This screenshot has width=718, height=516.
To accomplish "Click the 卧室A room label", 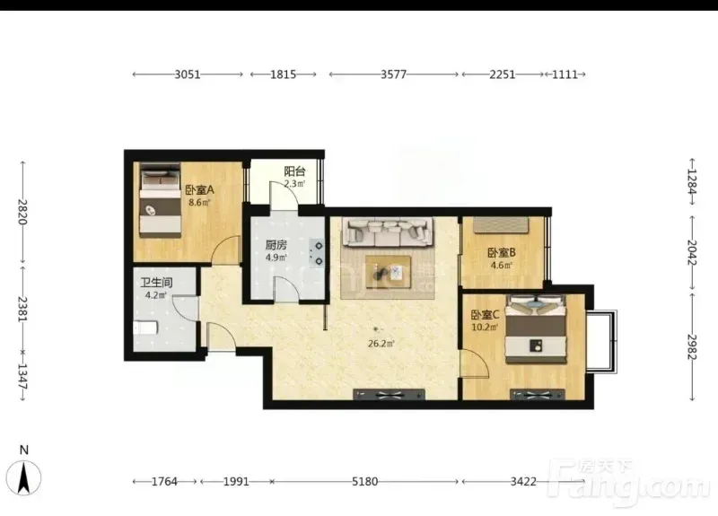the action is point(199,189).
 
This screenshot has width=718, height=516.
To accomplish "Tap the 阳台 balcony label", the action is point(294,171).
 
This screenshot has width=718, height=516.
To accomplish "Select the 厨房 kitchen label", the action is point(276,245).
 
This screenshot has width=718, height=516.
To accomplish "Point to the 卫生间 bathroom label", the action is point(156,283).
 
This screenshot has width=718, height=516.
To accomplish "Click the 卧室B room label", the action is point(502,252).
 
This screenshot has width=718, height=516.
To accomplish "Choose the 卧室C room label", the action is point(485,315).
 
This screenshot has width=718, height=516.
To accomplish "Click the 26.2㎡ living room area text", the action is point(381,344).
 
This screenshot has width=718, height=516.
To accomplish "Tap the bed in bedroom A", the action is point(160,200).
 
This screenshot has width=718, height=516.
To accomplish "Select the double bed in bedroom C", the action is point(536,329).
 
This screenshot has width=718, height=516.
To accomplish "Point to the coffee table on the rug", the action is point(389,272).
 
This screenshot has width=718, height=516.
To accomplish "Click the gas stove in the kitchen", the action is point(317,253).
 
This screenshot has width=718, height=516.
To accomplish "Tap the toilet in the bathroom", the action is point(145,328).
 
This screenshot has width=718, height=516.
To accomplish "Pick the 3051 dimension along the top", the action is point(188,74).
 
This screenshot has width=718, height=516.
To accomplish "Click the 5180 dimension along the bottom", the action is point(365,482).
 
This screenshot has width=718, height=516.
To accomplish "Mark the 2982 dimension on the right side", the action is point(692,347).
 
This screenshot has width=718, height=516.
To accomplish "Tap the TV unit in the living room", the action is point(389,394).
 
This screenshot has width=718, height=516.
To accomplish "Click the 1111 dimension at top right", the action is point(565,74).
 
